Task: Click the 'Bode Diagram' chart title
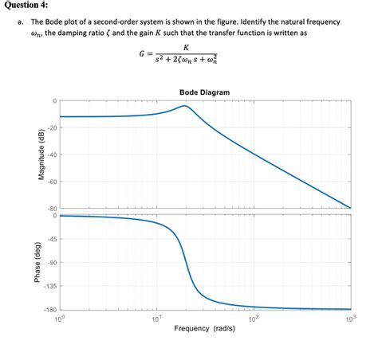tap(204, 92)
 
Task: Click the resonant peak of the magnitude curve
tap(185, 106)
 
